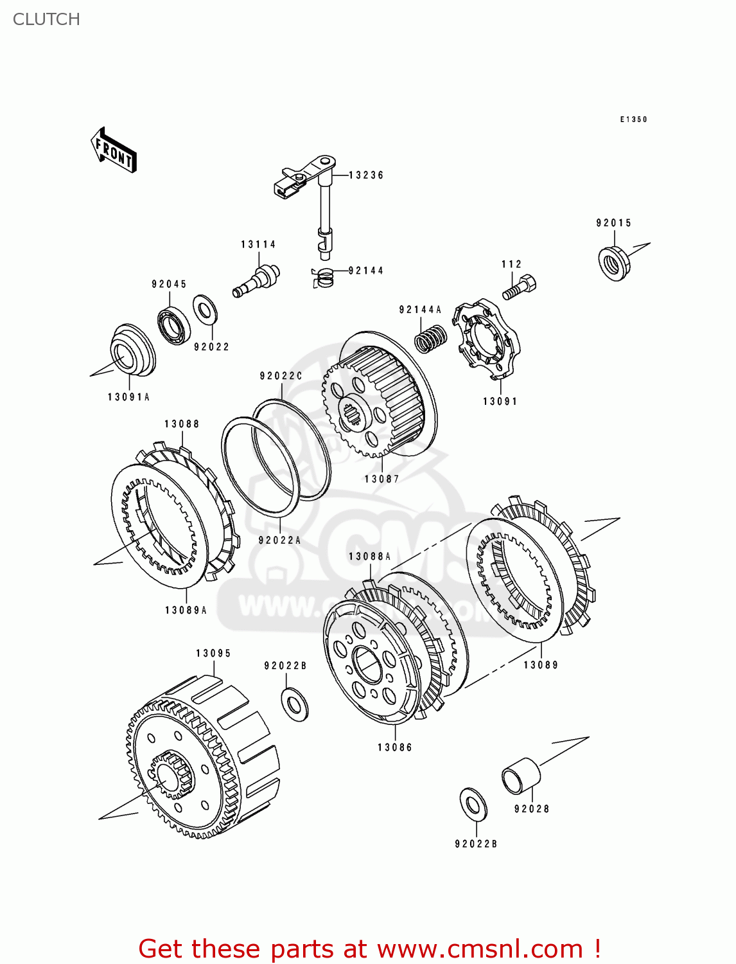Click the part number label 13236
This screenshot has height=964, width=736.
tap(366, 175)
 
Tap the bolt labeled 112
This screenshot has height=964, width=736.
tap(519, 287)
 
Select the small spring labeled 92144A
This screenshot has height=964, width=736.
tap(430, 338)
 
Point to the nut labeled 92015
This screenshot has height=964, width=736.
tap(613, 263)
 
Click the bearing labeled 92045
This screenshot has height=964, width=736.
tap(173, 326)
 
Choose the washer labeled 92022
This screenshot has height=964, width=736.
tap(205, 310)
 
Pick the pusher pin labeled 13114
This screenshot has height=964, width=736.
tap(256, 281)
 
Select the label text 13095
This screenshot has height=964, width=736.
tap(213, 653)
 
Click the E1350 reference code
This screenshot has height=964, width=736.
tap(633, 120)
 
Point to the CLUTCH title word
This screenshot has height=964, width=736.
tap(46, 19)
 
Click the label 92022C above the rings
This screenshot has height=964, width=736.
tap(281, 375)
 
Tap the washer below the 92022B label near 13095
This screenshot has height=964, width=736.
tap(295, 704)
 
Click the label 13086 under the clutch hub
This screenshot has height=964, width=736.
tap(394, 747)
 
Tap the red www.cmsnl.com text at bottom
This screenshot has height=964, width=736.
tap(480, 949)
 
